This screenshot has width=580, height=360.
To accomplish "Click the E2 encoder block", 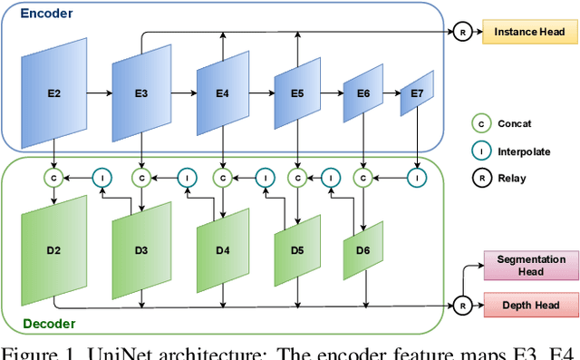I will point(54,93).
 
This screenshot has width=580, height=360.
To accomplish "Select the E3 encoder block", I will point(141,93).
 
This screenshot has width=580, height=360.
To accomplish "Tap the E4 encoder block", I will point(223,93).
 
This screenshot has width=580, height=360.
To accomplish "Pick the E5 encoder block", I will point(296,93).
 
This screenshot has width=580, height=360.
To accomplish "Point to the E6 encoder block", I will point(362,93).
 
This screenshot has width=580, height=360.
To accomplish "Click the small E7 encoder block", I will point(417,93).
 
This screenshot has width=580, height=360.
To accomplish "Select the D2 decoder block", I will point(54,249).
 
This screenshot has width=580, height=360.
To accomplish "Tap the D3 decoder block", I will point(141,249).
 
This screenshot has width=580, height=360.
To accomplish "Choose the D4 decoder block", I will point(223,249).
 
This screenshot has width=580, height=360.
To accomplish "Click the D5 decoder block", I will point(296,249).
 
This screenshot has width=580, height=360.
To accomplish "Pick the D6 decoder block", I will point(362,249).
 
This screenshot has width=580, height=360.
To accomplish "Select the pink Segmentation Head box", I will point(531,266).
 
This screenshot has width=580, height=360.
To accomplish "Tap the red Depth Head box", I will point(531,306).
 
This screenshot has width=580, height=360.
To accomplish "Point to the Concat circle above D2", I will point(54,178).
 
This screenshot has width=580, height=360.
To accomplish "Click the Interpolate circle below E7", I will point(417,178).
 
